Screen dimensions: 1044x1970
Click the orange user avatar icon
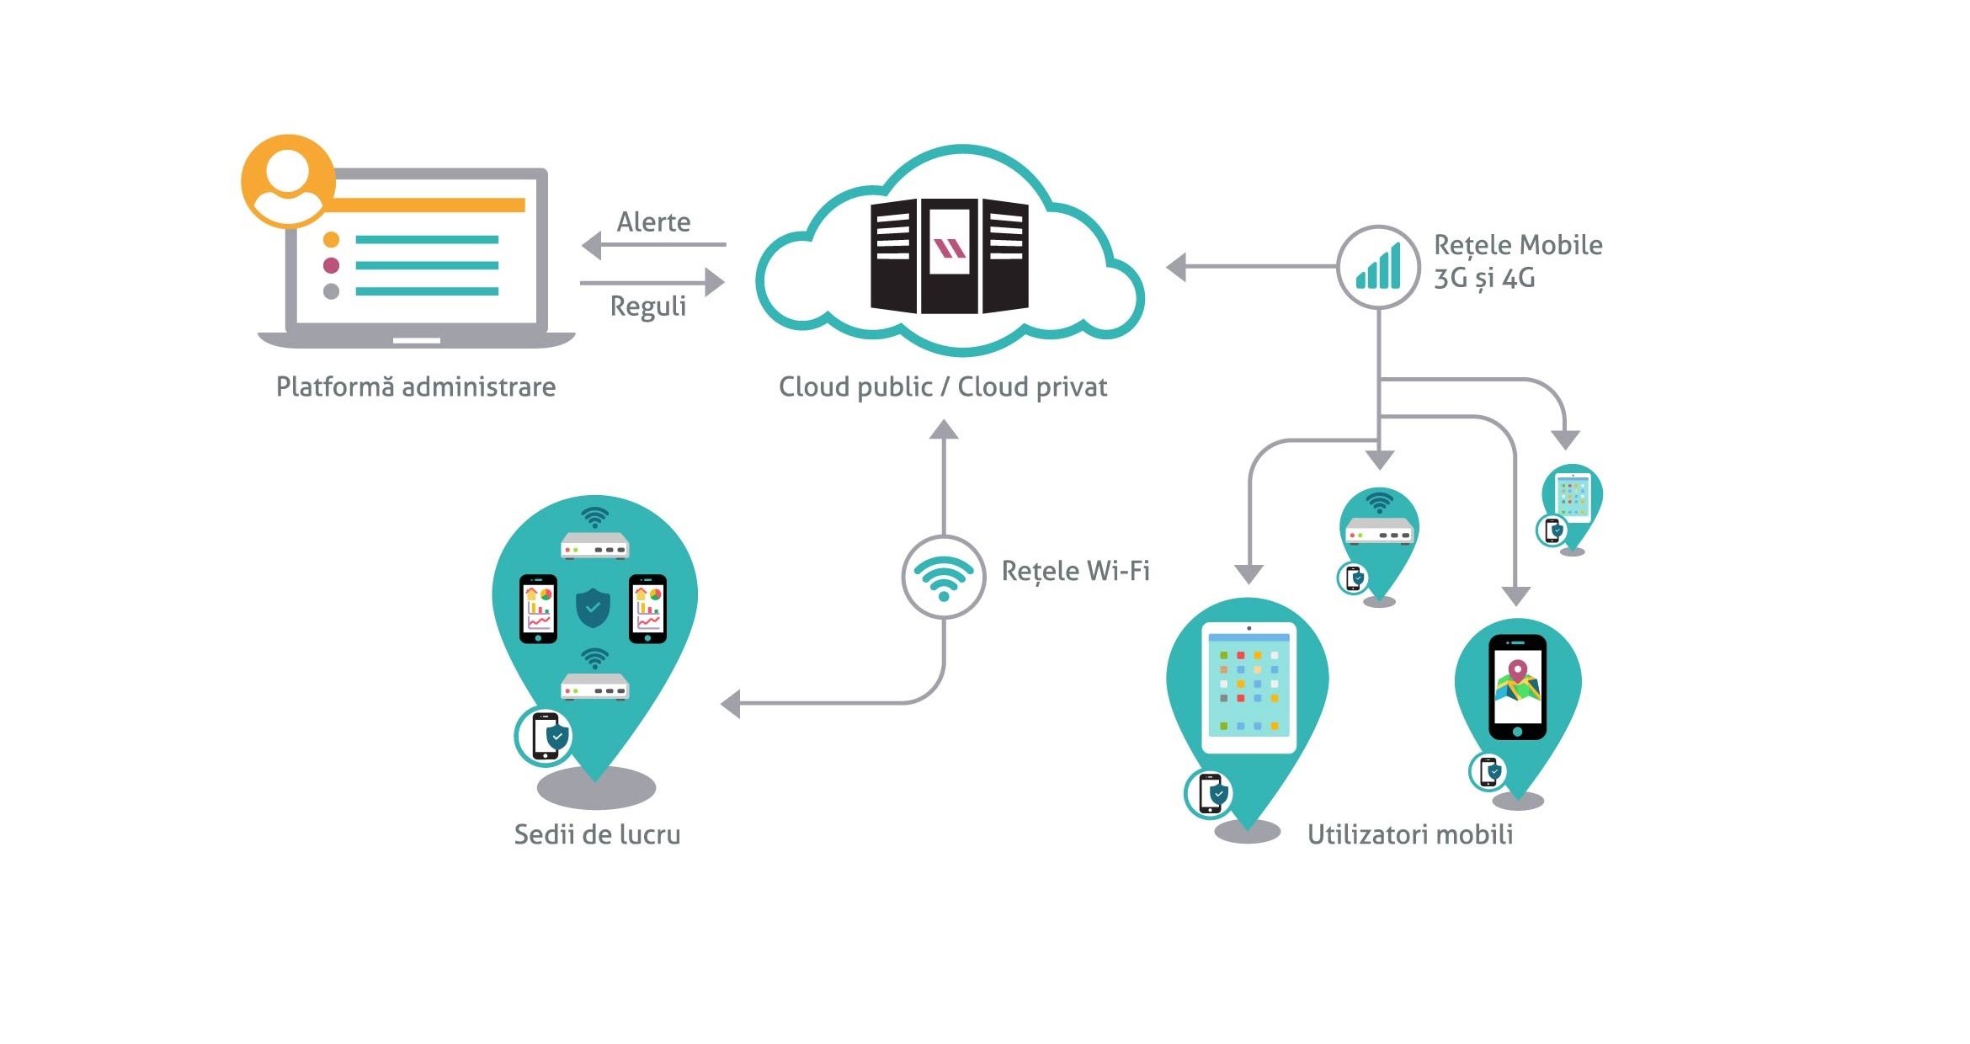[288, 181]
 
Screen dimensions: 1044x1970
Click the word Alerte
[653, 222]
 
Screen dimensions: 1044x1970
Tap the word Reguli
[647, 306]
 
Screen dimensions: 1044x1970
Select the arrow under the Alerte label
[652, 245]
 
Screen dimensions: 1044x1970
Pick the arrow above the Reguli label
[652, 283]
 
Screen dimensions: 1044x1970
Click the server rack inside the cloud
[949, 256]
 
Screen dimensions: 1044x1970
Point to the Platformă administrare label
[416, 387]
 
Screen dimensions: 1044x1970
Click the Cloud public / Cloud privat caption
[942, 387]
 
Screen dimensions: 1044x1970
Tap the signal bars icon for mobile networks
[1378, 267]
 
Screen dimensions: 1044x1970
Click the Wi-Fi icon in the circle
[944, 578]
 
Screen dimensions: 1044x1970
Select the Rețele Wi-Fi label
[1075, 571]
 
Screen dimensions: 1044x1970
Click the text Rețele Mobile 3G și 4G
[1517, 261]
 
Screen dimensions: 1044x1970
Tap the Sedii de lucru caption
[597, 834]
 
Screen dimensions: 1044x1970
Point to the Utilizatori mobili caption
[1410, 834]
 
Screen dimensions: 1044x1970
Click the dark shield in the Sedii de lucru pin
[593, 607]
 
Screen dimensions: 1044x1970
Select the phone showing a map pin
[1517, 686]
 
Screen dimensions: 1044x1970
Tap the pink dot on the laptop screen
[331, 266]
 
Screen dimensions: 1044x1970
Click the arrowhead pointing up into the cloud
[944, 430]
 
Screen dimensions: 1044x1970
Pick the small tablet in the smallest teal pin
[1573, 497]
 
